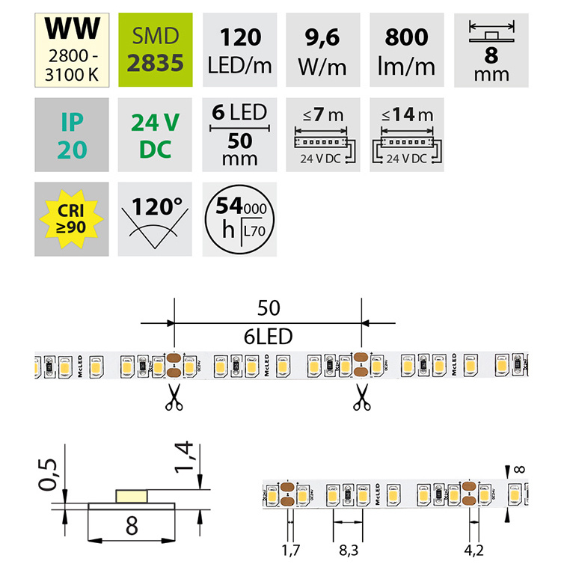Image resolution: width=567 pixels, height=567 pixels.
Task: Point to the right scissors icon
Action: (x=362, y=397)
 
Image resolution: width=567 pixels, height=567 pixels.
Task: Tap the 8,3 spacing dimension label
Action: (x=349, y=552)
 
